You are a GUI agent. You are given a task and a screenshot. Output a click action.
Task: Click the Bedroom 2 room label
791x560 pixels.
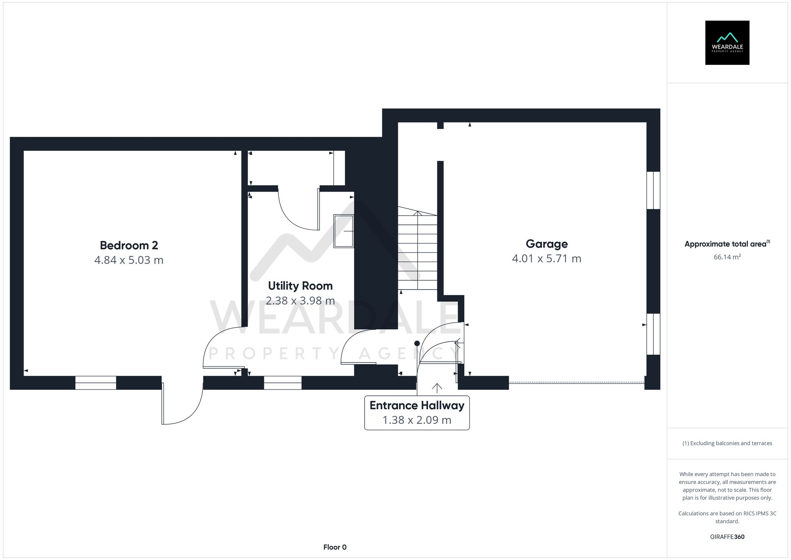pos(129,245)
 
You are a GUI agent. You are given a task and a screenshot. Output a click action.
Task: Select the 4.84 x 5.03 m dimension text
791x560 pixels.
pos(129,260)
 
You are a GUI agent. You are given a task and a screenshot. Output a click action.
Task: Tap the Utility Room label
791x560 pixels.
pos(300,286)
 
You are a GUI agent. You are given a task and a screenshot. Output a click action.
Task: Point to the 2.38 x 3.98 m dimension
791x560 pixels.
pos(300,301)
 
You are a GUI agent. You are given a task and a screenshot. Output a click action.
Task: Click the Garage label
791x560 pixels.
pos(547,244)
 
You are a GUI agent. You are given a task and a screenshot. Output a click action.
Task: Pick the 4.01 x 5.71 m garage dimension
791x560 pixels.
pos(547,258)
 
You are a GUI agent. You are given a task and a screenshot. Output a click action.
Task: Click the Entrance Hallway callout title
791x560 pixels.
pos(417,405)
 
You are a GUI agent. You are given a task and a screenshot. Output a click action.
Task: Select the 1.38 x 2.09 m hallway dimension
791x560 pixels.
pos(417,420)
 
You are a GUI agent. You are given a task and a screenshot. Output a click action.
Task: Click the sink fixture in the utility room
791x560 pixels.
pos(344,231)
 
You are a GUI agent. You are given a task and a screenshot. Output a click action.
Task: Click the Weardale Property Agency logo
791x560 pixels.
pos(727,43)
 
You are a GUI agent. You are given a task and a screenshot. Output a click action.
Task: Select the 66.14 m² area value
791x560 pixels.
pos(727,257)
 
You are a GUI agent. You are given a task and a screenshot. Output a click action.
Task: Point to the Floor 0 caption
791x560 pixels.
pos(335,547)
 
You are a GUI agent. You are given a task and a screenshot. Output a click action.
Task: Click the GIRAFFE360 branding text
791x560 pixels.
pos(727,537)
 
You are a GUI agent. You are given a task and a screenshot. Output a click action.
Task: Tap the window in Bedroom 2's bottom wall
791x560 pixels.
pos(96,383)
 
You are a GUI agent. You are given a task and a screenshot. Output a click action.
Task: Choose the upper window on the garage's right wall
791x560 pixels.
pos(653,190)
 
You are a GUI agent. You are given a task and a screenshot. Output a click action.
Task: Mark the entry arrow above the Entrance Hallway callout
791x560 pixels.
pos(437,388)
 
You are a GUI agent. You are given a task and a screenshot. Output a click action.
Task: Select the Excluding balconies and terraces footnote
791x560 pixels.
pos(727,443)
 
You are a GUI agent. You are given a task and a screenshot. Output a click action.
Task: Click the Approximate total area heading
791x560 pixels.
pos(726,244)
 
